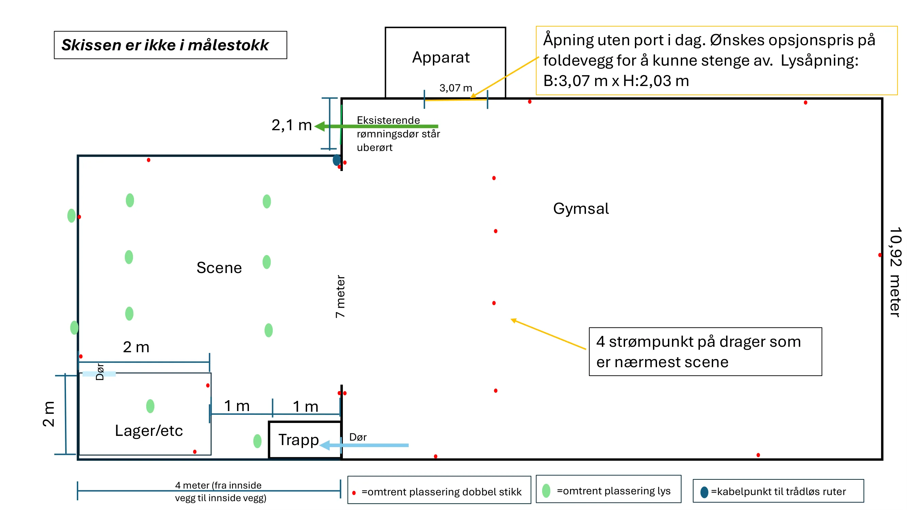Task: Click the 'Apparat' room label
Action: (441, 57)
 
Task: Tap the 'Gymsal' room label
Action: (581, 209)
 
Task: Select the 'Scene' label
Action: (219, 268)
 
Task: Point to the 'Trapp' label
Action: (299, 440)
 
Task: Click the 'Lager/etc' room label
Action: (149, 430)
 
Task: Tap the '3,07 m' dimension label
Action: (456, 88)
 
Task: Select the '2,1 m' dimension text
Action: (291, 125)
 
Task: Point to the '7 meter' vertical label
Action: (340, 296)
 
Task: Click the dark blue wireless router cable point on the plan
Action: (337, 160)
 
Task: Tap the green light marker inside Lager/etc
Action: (150, 406)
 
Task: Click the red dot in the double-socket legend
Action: (354, 493)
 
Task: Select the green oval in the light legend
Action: (546, 491)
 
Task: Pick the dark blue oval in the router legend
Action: (704, 492)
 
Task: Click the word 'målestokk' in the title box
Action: (228, 45)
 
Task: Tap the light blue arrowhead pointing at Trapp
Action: (325, 445)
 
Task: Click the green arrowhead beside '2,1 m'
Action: (319, 126)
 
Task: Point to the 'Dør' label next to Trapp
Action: (358, 437)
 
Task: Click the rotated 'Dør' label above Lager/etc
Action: (100, 372)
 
